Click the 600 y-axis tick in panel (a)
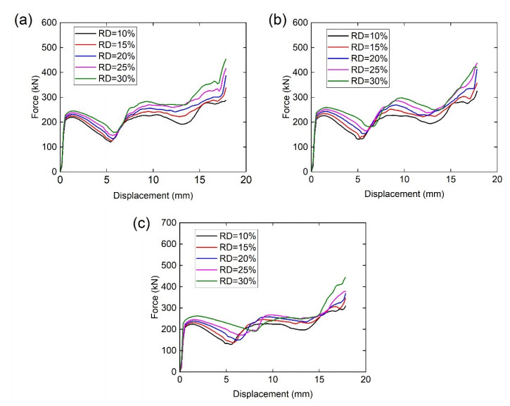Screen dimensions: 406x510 (48, 23)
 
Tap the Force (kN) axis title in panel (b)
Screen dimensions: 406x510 (283, 96)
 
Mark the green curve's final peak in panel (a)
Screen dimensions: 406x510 (225, 59)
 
